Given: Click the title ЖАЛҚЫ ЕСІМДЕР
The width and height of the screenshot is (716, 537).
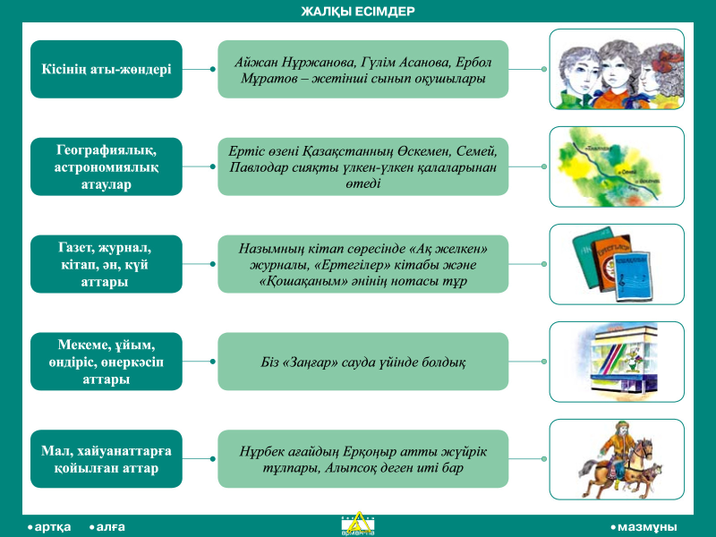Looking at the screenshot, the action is click(358, 12).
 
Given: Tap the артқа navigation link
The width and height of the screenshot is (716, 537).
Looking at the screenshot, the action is click(49, 527).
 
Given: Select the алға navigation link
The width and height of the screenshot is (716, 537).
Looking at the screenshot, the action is click(107, 527).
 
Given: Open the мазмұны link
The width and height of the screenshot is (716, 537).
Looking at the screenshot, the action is click(644, 527).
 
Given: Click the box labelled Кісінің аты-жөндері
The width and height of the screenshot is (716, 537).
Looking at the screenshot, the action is click(107, 69).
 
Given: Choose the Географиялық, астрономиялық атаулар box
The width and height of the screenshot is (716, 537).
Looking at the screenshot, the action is click(107, 166).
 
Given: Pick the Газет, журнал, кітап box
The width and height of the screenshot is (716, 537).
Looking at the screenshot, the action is click(107, 264).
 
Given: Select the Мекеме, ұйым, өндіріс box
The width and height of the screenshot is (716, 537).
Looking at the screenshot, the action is click(107, 362).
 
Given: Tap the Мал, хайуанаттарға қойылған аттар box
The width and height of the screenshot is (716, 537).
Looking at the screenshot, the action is click(107, 458).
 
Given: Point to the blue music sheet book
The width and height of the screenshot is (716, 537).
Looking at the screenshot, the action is click(633, 277).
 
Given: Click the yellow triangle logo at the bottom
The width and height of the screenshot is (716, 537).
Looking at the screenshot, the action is click(358, 524).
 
